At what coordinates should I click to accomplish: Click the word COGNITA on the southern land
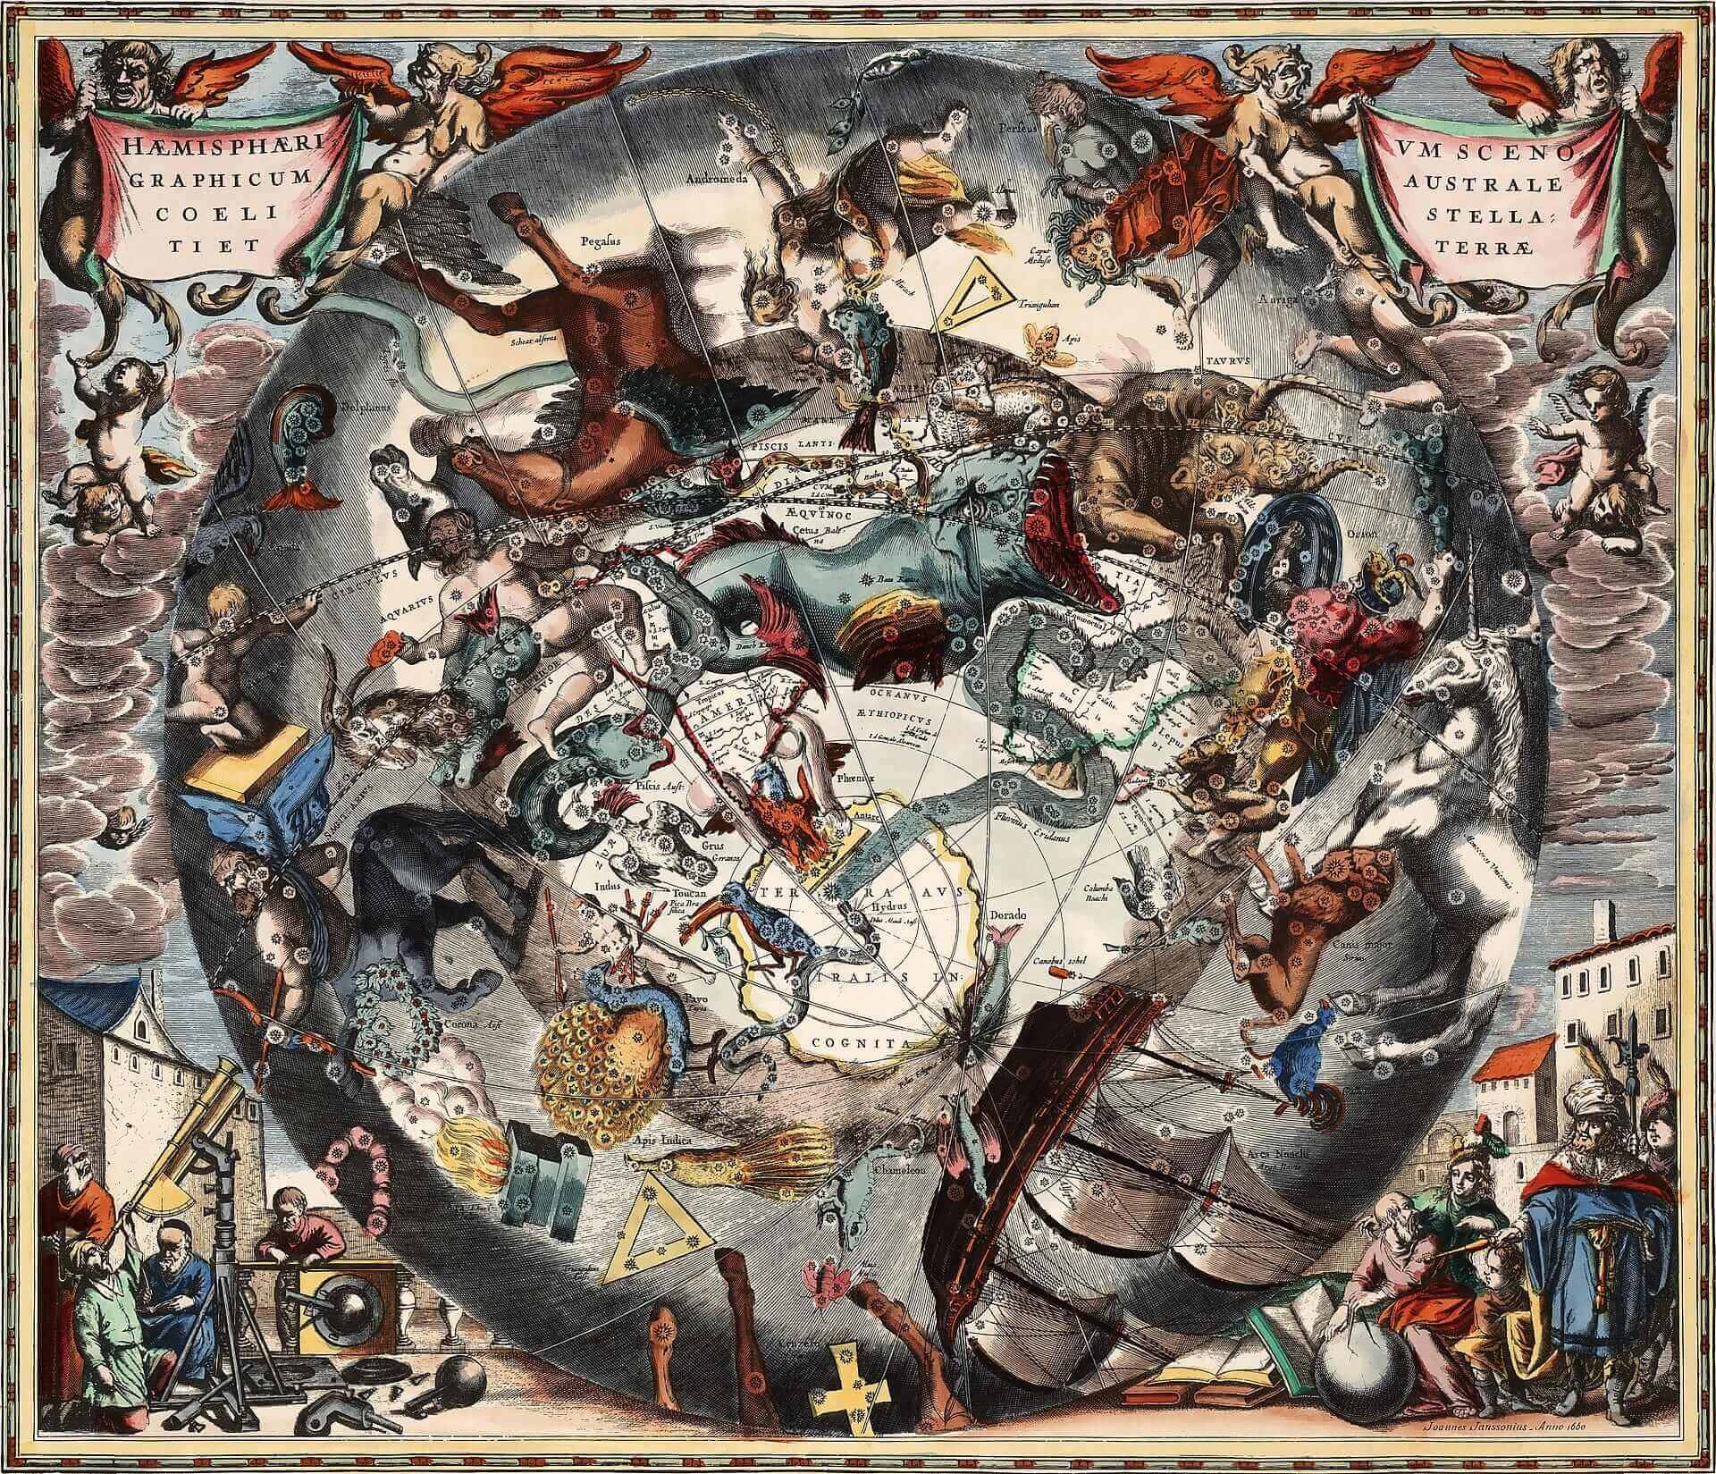coord(861,1042)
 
